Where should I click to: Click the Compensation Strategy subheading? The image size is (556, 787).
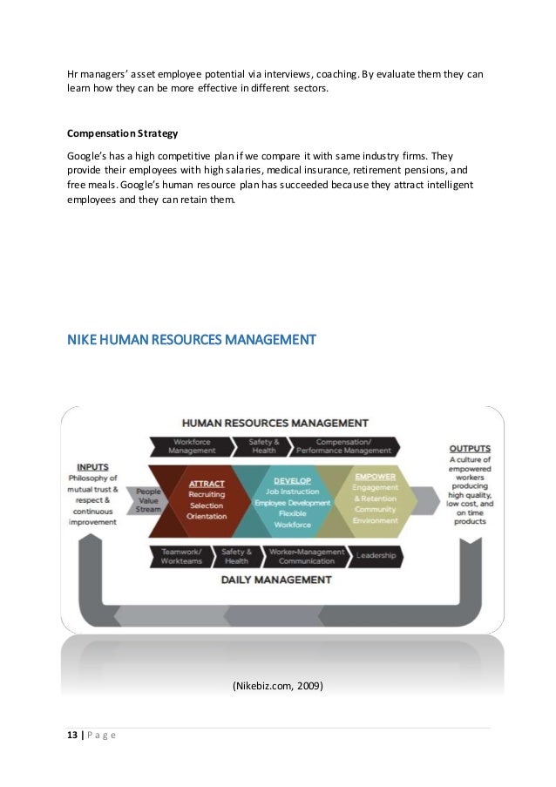click(122, 134)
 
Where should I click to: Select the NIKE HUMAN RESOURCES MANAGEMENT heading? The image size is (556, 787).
click(191, 338)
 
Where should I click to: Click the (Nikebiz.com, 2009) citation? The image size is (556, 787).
click(277, 686)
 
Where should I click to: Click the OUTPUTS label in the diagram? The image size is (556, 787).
click(469, 448)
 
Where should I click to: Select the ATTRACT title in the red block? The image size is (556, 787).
click(207, 483)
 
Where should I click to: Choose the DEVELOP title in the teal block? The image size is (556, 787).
click(292, 480)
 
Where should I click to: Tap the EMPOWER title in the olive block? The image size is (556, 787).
click(375, 477)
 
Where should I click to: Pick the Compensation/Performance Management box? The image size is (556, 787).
click(343, 446)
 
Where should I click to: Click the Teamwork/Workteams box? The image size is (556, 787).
click(181, 556)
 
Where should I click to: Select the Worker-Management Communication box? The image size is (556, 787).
click(306, 556)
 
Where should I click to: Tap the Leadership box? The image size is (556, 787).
click(376, 555)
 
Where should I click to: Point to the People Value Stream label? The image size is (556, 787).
click(148, 501)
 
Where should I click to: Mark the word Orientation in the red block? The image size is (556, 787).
click(207, 516)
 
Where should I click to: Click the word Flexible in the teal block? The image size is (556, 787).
click(292, 513)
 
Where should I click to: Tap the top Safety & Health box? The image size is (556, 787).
click(263, 446)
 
